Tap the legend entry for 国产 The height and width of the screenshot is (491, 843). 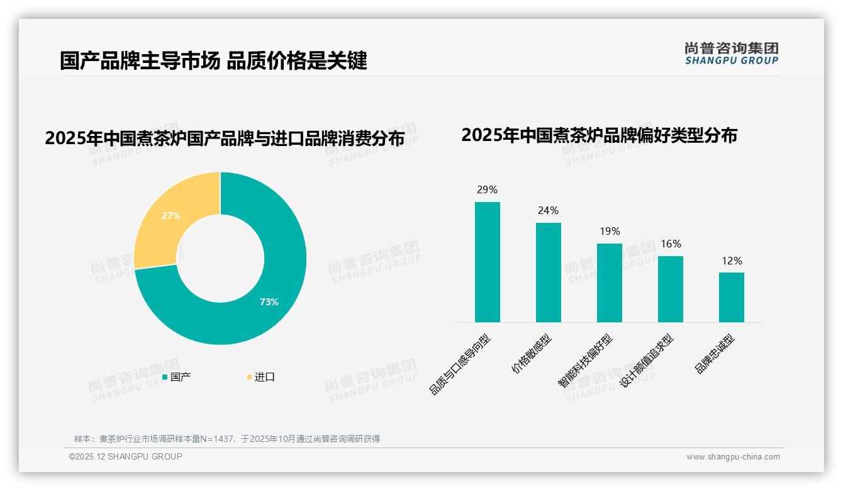tap(177, 377)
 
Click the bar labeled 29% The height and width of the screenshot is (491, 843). tap(487, 262)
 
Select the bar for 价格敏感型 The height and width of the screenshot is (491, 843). tap(548, 273)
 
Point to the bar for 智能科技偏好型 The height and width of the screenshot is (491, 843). tap(609, 283)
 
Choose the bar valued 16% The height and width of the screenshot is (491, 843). tap(670, 289)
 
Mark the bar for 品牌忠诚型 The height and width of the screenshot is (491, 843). tap(731, 297)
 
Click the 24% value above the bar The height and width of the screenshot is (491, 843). tap(548, 211)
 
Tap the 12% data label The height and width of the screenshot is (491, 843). tap(732, 261)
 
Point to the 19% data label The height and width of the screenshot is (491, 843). tap(610, 232)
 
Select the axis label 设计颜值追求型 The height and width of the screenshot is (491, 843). tap(647, 361)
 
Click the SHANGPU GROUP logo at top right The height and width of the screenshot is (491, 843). tap(731, 54)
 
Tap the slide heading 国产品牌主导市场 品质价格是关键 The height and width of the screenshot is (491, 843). tap(213, 61)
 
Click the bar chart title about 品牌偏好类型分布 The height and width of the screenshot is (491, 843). tap(599, 135)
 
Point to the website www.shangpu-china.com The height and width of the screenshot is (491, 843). tap(733, 457)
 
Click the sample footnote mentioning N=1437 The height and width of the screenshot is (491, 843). tap(227, 439)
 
